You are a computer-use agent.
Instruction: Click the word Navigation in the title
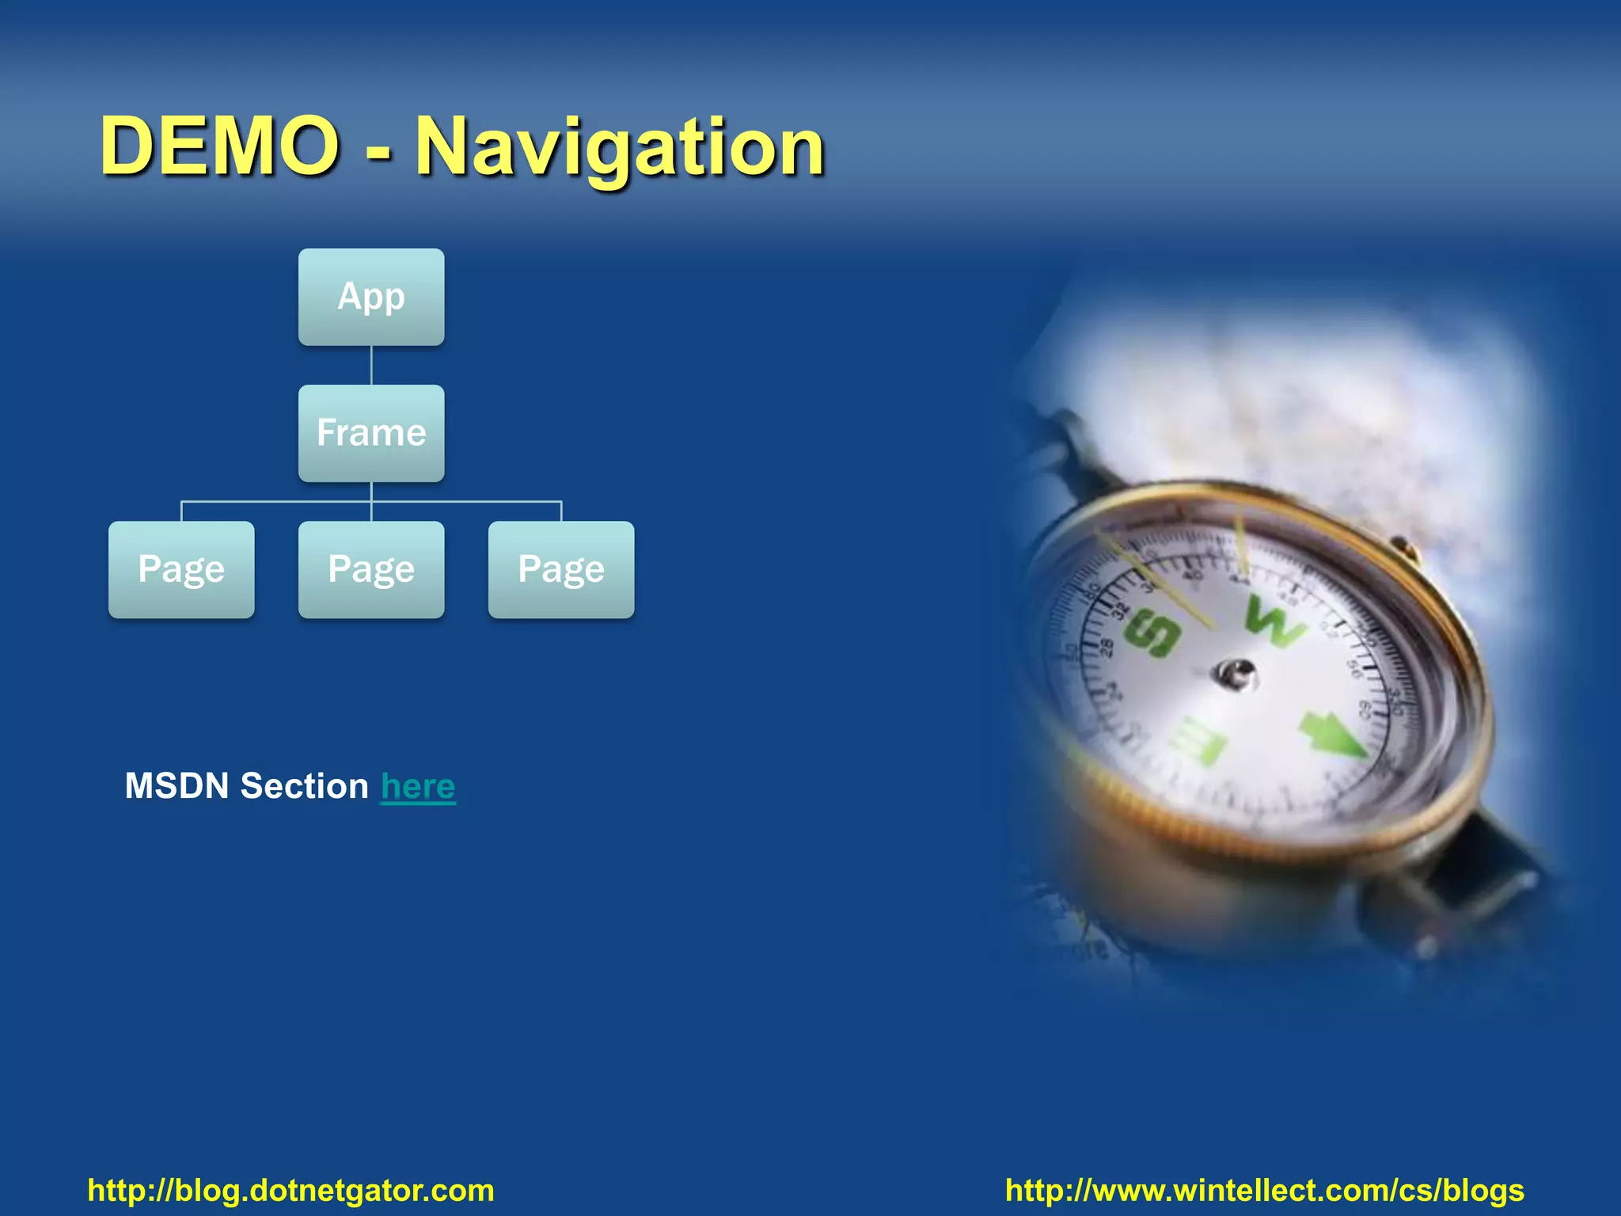tap(620, 147)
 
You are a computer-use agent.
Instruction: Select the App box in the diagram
tap(370, 297)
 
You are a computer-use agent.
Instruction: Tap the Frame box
tap(370, 433)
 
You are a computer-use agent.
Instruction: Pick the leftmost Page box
tap(181, 569)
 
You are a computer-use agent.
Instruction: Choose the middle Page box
tap(370, 569)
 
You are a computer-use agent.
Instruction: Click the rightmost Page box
tap(560, 569)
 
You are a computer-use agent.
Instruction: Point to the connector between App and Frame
tap(370, 365)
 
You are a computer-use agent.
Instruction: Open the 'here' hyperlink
tap(418, 786)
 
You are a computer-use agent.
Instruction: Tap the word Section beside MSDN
tap(304, 786)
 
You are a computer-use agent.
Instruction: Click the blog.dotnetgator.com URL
tap(290, 1190)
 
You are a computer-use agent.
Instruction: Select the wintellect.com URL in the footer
tap(1264, 1190)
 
